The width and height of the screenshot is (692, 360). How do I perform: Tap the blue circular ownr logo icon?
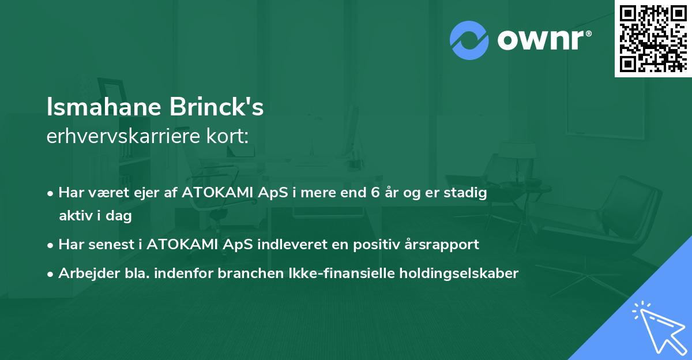(468, 40)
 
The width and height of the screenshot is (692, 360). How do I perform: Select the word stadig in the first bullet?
(468, 193)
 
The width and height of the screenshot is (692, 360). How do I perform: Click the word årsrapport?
(445, 245)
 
